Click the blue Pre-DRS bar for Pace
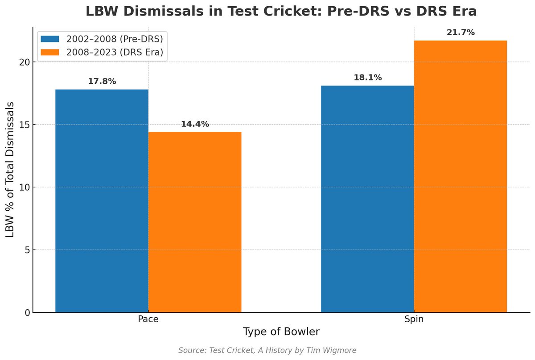[x=102, y=200]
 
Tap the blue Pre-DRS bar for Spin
[x=367, y=199]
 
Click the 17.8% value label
[x=102, y=82]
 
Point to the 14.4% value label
[x=195, y=124]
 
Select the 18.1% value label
[x=367, y=78]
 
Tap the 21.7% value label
[x=461, y=33]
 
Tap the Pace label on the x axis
[x=148, y=320]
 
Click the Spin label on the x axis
[x=414, y=320]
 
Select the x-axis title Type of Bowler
[x=281, y=332]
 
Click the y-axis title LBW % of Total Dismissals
[x=10, y=169]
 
